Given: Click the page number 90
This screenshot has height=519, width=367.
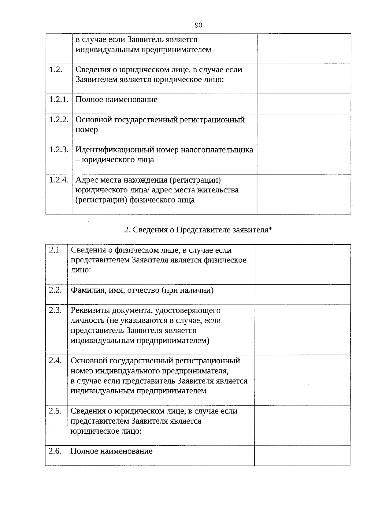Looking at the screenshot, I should point(198,25).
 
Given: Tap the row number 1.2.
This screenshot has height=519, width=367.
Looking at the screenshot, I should point(56,69).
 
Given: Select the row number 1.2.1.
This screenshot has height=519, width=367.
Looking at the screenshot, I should point(59,99).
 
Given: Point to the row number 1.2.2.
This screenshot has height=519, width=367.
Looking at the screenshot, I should point(59,120).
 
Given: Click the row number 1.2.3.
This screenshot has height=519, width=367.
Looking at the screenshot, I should point(59,150).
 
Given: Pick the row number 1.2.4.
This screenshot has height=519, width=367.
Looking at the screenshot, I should point(59,180).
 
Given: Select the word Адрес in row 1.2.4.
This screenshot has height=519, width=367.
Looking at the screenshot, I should point(86,180).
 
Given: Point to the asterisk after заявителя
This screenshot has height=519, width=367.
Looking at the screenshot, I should point(270,229).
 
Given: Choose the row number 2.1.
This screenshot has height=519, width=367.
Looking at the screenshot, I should point(55,250).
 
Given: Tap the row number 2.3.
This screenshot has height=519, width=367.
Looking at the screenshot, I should point(55,310).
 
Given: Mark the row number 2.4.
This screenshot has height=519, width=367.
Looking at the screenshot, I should point(55,361).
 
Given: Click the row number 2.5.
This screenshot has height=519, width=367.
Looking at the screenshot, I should point(55,411).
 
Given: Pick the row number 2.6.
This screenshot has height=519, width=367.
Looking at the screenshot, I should point(55,451).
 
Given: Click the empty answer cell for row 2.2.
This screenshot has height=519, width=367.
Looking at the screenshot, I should point(302,295).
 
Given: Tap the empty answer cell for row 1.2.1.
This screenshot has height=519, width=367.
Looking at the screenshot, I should point(304,104).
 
